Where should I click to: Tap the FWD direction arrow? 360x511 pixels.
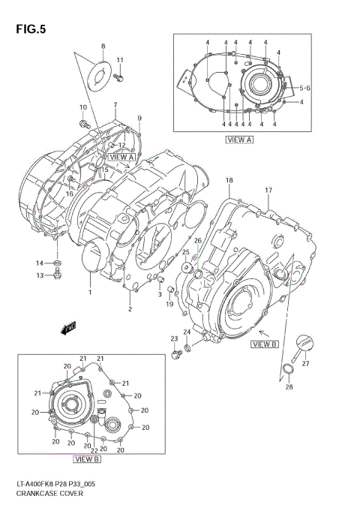68,328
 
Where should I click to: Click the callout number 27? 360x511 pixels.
305,362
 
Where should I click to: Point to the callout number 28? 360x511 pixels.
289,387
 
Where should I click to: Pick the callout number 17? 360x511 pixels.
267,190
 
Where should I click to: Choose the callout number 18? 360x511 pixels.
229,180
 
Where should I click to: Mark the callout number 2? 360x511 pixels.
130,308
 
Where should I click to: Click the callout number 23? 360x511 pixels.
173,338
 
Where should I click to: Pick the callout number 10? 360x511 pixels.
83,107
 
